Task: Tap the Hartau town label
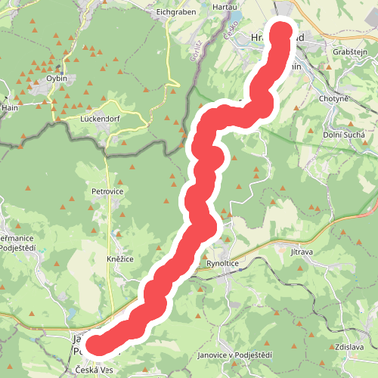[x=225, y=5]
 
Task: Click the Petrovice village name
[x=107, y=192]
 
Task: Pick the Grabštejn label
[x=350, y=51]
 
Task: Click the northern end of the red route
[x=280, y=32]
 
